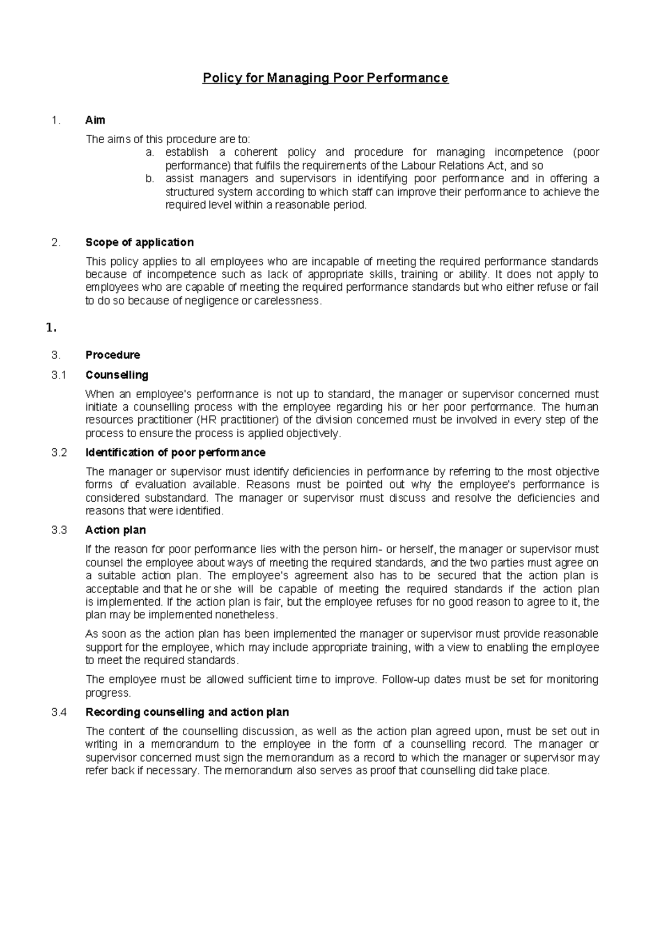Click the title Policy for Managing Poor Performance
pos(326,78)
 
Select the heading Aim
pos(95,120)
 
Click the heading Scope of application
pos(139,242)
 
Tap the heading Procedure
pos(112,355)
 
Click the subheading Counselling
pos(117,375)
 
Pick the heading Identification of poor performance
pos(175,453)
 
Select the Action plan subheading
pos(115,530)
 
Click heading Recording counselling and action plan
pos(187,712)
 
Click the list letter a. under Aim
pos(149,153)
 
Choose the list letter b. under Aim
pos(149,179)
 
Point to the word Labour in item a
pos(416,166)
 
